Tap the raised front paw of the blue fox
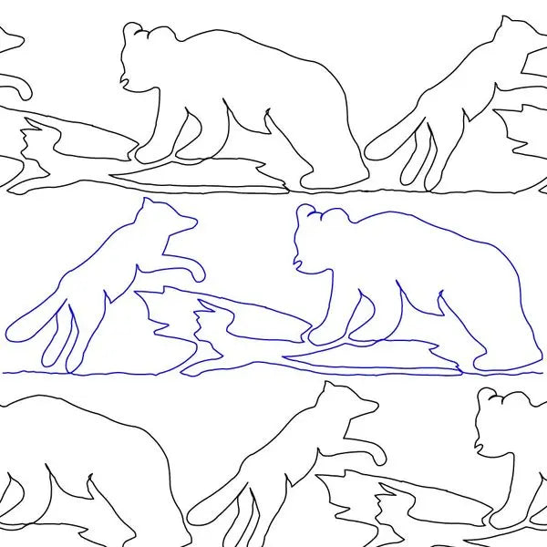click(x=195, y=271)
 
